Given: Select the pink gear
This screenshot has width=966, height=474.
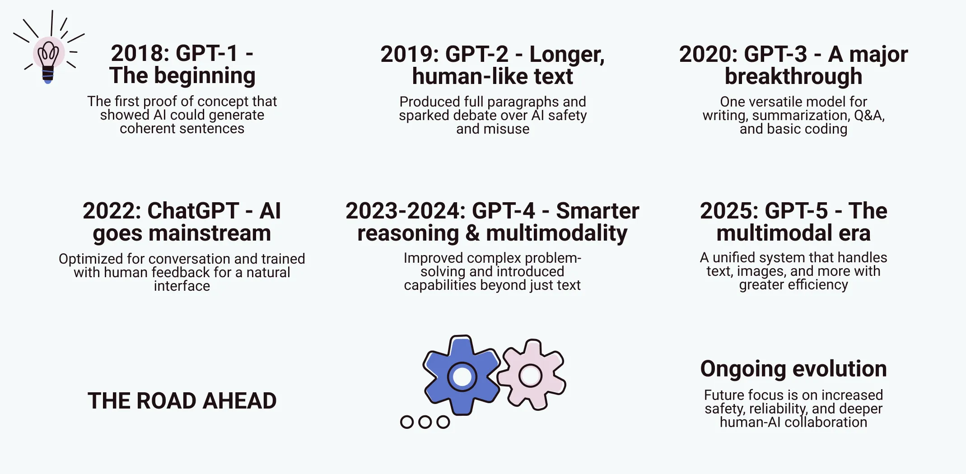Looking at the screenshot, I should [x=531, y=375].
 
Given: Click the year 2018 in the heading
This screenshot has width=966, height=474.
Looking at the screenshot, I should [x=138, y=53].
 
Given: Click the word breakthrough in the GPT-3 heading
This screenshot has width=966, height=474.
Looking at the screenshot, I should [x=793, y=76].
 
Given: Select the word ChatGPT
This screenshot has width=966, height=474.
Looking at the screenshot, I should [x=193, y=211].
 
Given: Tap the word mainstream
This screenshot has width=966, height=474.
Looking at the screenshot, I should [x=210, y=233].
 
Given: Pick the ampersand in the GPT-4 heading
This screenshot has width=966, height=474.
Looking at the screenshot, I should [x=472, y=233].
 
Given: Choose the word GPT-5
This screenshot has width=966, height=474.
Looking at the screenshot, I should [x=796, y=211].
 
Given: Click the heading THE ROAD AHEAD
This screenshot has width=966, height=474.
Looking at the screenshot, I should [x=182, y=401].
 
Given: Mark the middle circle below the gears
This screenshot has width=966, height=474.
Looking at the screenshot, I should [x=425, y=422].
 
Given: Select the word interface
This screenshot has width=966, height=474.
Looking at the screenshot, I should [x=182, y=286].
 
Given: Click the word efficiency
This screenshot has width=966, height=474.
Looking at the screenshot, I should [x=818, y=285].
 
